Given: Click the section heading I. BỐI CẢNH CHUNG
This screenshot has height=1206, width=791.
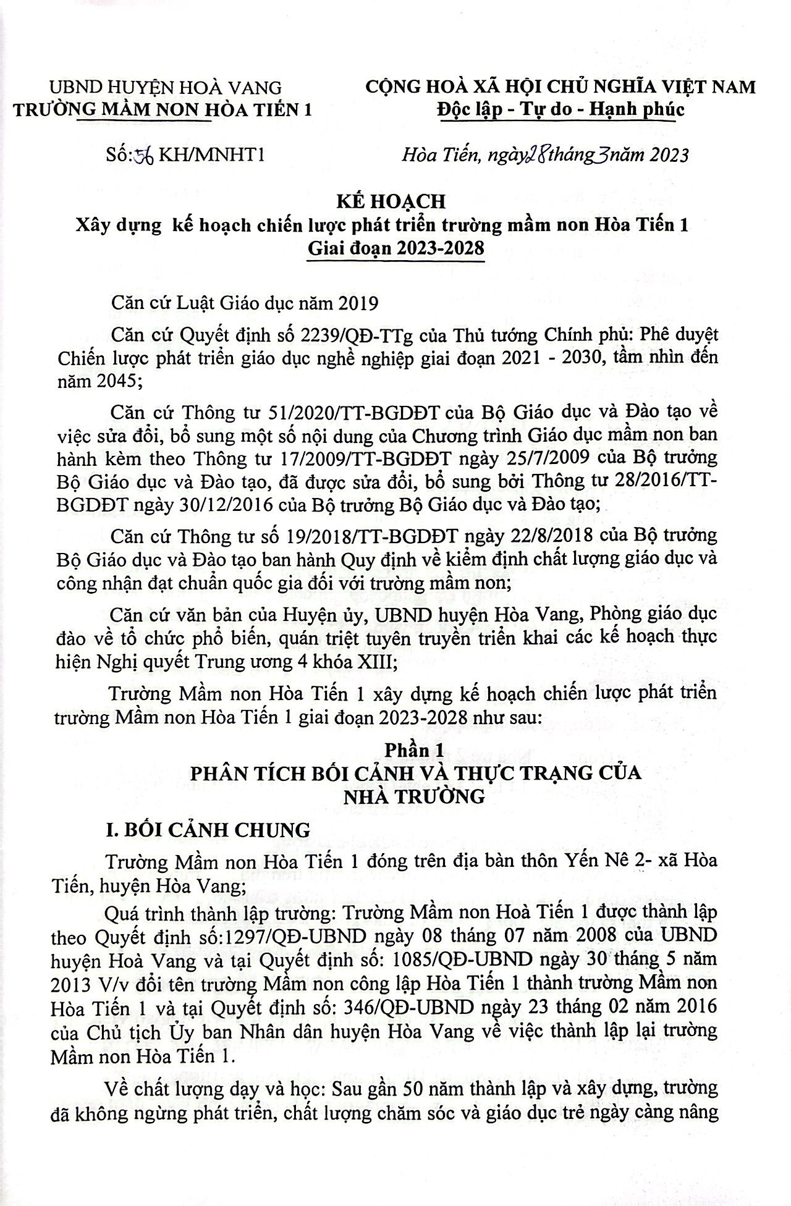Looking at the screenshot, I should (x=208, y=830).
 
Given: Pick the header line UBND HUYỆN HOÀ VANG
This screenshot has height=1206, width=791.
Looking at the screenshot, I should (x=166, y=87).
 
